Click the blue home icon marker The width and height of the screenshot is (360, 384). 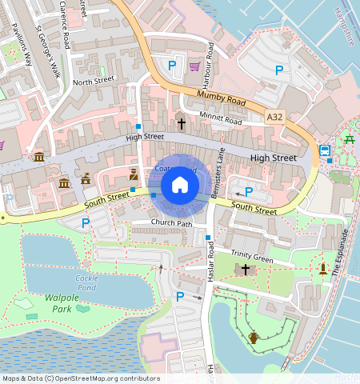(180, 186)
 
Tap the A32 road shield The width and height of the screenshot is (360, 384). (275, 117)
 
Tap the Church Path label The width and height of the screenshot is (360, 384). (173, 223)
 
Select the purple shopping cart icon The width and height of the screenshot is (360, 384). (194, 66)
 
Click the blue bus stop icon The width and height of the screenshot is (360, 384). (325, 150)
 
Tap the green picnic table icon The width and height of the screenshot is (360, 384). (350, 140)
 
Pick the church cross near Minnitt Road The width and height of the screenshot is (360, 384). (182, 124)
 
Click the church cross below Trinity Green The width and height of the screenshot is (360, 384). (246, 270)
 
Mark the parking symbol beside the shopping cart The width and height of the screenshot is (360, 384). (171, 64)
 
